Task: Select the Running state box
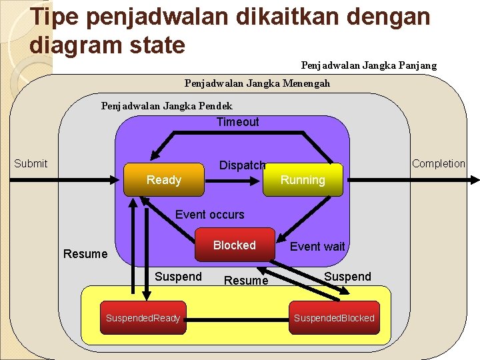[x=303, y=180]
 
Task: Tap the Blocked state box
[x=234, y=245]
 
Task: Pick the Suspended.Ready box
[x=143, y=318]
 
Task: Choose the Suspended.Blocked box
[x=334, y=318]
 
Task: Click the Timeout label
[x=237, y=122]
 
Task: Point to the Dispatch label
[x=242, y=165]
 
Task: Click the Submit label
[x=31, y=163]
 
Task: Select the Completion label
[x=438, y=163]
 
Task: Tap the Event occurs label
[x=209, y=215]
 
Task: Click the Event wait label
[x=317, y=247]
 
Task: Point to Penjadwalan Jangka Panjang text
[x=369, y=65]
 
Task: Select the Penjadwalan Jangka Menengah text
[x=257, y=84]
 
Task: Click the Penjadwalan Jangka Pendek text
[x=167, y=106]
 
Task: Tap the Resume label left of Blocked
[x=85, y=254]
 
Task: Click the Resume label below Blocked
[x=246, y=281]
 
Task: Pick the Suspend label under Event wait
[x=347, y=277]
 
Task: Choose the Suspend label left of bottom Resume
[x=178, y=277]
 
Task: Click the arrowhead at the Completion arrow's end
[x=475, y=179]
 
